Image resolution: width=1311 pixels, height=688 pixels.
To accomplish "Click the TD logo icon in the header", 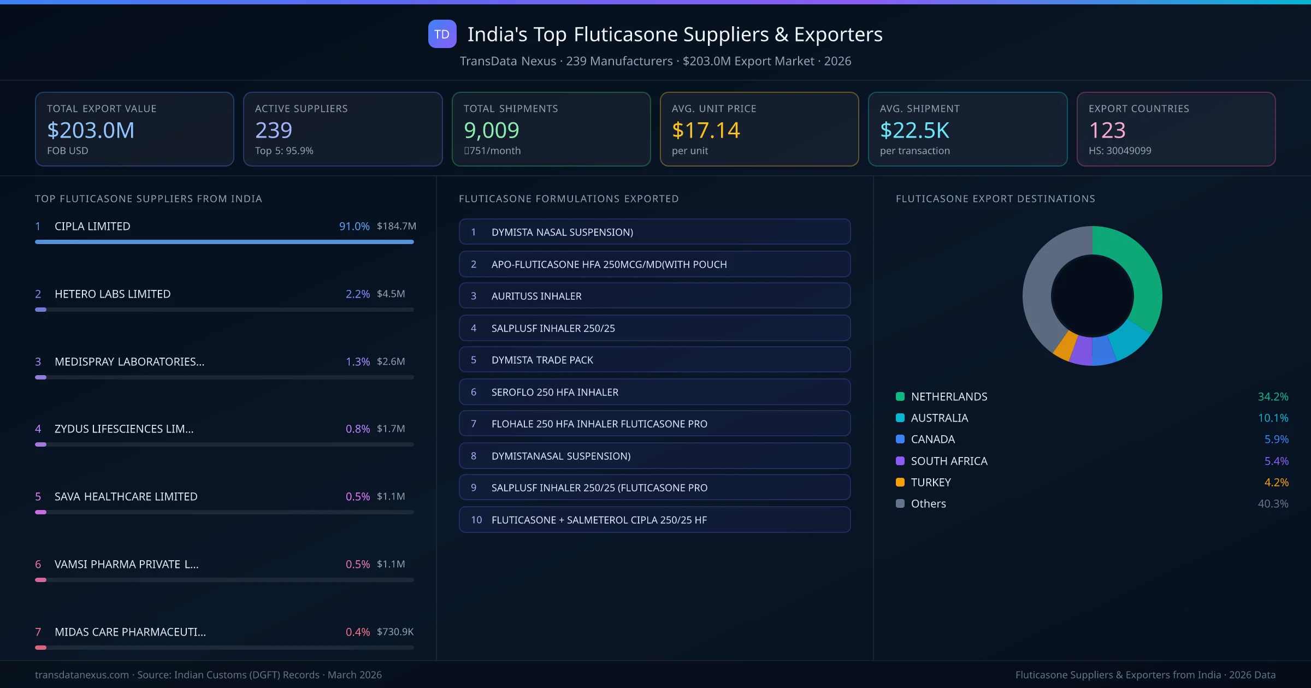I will click(x=442, y=34).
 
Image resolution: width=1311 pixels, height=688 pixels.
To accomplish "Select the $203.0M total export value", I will click(x=91, y=130).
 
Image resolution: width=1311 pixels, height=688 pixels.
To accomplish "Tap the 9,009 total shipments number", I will click(x=491, y=130).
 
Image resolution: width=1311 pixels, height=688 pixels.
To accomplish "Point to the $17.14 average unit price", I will click(x=705, y=130).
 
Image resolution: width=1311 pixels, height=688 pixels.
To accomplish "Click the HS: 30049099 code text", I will click(x=1119, y=151).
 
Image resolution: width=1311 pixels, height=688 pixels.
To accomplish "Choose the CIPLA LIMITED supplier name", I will click(x=92, y=226).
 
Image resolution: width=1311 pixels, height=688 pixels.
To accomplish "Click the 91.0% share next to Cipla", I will click(x=354, y=226).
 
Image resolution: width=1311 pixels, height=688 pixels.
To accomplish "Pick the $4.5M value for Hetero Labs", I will click(x=391, y=294).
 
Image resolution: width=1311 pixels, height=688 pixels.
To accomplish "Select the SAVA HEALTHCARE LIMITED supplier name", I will click(x=126, y=496).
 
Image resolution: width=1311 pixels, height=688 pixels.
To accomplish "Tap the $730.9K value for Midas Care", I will click(x=395, y=632).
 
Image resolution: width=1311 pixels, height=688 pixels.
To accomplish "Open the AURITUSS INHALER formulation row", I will click(x=654, y=296).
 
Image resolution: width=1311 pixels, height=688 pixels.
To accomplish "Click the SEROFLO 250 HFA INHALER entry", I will click(x=654, y=392).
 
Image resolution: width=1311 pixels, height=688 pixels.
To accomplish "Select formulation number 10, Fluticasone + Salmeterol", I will click(x=654, y=520).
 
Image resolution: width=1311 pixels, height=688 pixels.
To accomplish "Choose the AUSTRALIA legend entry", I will click(x=939, y=418).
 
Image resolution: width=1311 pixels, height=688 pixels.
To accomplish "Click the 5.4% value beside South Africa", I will click(x=1276, y=461).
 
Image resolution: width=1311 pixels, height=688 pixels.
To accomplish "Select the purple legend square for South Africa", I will click(x=900, y=461).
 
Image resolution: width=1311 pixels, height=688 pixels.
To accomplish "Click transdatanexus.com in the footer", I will click(x=82, y=675).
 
